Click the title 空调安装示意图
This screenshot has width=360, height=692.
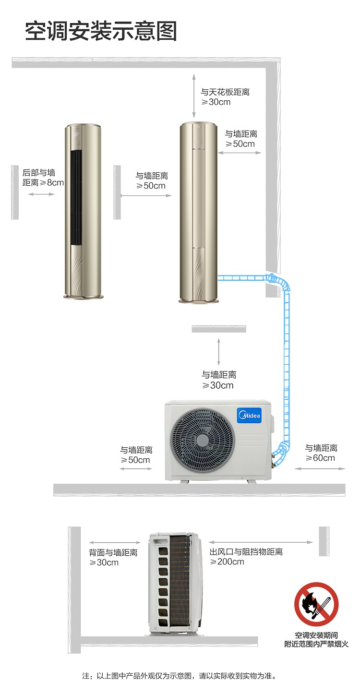(x=101, y=31)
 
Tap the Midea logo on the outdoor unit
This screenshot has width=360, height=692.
(x=250, y=415)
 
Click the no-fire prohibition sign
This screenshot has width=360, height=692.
(x=316, y=604)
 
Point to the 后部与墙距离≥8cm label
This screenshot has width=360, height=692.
(x=43, y=177)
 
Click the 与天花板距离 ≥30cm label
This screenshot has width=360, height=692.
(x=225, y=96)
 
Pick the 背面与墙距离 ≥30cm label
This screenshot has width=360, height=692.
(x=113, y=557)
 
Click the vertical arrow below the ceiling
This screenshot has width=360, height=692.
(x=194, y=96)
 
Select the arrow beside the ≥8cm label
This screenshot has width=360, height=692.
(x=41, y=194)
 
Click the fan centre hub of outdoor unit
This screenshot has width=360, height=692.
(x=202, y=440)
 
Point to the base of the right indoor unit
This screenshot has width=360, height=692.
(x=198, y=299)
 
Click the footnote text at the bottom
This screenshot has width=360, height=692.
(x=180, y=676)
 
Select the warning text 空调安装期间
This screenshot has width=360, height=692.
(x=316, y=635)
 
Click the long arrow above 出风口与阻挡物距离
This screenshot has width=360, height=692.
(x=260, y=542)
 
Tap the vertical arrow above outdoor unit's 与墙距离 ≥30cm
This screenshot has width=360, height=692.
(x=219, y=352)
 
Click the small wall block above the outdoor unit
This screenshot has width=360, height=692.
(x=219, y=329)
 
